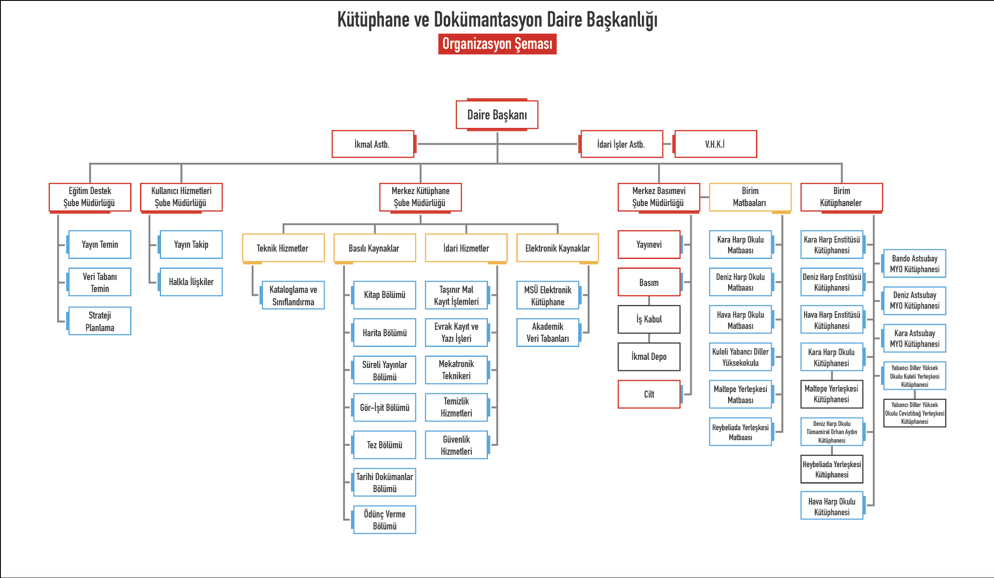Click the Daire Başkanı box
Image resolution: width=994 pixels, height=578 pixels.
tap(497, 115)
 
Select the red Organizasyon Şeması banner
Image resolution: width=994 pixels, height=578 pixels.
tap(497, 44)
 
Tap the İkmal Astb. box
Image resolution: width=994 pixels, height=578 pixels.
tap(372, 144)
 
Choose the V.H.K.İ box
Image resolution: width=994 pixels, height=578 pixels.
tap(715, 144)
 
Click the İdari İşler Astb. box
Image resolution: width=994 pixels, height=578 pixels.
tap(621, 144)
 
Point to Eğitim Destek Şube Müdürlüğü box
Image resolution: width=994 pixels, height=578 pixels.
tap(90, 197)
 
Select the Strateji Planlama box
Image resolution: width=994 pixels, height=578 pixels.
tap(100, 321)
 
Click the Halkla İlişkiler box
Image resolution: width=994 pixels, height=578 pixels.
tap(191, 282)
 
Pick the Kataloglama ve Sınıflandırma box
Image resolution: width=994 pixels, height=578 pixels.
tap(293, 295)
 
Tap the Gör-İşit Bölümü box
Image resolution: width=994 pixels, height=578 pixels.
tap(384, 408)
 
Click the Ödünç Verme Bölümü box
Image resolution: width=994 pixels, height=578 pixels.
tap(384, 520)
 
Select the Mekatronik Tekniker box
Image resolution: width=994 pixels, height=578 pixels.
tap(456, 370)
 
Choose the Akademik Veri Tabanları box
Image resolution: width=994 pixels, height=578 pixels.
tap(548, 332)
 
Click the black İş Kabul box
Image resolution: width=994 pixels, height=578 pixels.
tap(649, 319)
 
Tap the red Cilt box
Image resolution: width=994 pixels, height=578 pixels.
tap(649, 394)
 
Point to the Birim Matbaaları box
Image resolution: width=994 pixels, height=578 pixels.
tap(750, 197)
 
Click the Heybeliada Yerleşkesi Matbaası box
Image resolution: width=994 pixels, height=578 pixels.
tap(741, 432)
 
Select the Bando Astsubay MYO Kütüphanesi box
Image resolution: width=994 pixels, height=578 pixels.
tap(915, 264)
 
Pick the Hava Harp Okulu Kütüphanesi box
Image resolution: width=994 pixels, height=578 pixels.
tap(832, 507)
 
